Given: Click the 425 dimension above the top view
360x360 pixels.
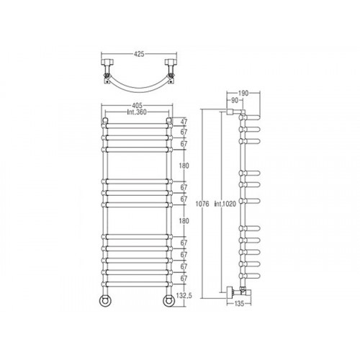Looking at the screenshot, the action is point(139,54).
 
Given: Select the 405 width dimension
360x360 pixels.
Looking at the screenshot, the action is point(137,105).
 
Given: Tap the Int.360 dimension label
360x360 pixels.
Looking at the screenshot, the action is point(137,112).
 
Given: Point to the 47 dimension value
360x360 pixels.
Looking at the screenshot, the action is point(184,122).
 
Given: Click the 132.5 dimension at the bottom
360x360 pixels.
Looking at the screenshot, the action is point(184,295).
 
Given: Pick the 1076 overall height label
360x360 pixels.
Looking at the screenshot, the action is point(202,204).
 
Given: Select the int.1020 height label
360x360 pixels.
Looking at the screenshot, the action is point(225,204).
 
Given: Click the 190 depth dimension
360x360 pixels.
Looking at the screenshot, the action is point(243,94).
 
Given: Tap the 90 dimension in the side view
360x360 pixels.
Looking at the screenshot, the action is point(234,101).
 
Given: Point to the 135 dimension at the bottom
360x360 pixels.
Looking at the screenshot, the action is point(239,304).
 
